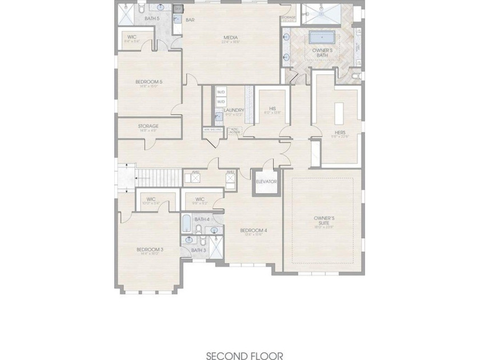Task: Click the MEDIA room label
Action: pyautogui.click(x=230, y=38)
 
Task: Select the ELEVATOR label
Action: pyautogui.click(x=266, y=182)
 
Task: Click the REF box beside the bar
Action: pyautogui.click(x=178, y=9)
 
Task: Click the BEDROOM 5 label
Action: pyautogui.click(x=149, y=82)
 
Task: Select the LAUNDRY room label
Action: pyautogui.click(x=234, y=110)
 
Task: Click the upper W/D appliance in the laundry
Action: pyautogui.click(x=221, y=92)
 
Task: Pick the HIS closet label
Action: pyautogui.click(x=273, y=108)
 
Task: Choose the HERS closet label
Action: pyautogui.click(x=340, y=133)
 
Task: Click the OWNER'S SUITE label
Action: pyautogui.click(x=324, y=221)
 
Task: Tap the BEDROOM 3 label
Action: pyautogui.click(x=150, y=249)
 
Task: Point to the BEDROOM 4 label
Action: pyautogui.click(x=254, y=230)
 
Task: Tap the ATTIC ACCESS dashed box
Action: pyautogui.click(x=234, y=130)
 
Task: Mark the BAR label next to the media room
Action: pyautogui.click(x=190, y=20)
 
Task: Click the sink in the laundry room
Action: pyautogui.click(x=218, y=117)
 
